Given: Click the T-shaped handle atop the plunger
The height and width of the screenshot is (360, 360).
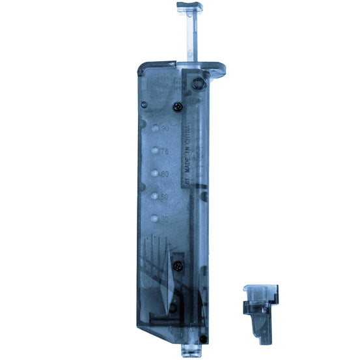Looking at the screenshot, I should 189,7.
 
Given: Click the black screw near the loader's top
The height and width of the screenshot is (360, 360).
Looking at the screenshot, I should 177,105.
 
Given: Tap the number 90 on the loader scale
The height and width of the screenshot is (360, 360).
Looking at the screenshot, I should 165,129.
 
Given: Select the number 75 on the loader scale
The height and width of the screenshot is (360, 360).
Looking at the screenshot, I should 165,151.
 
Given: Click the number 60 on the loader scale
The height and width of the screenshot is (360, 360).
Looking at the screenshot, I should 165,174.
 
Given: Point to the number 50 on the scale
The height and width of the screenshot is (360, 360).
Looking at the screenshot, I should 165,196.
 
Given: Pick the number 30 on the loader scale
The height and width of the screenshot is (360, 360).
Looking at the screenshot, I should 165,219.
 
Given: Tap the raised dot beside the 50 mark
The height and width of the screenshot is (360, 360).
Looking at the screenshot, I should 155,196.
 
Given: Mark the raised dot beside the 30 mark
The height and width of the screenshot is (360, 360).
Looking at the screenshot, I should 155,219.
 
